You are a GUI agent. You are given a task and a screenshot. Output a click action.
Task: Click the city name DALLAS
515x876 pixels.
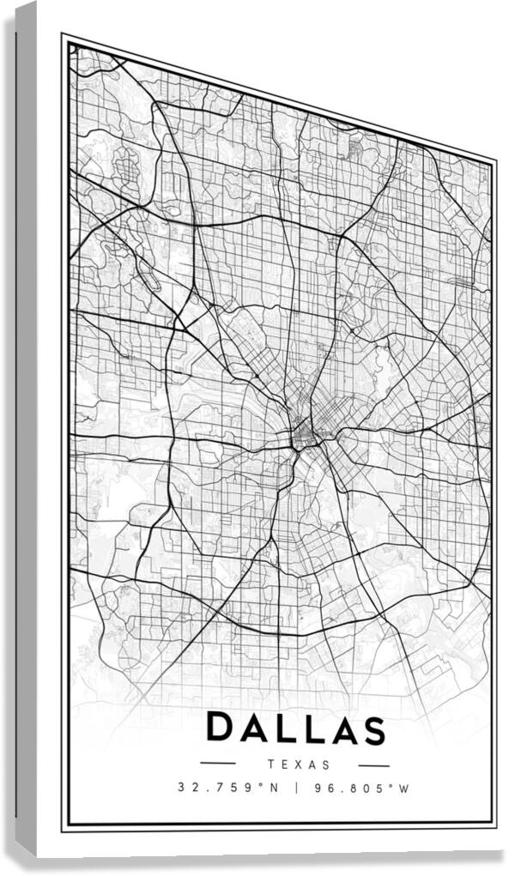pos(295,729)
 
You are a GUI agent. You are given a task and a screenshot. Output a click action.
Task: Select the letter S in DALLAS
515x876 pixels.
pos(371,730)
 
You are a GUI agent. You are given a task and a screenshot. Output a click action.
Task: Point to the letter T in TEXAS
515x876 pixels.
pos(270,764)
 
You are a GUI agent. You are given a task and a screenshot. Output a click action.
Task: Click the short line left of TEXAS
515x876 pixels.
pos(218,763)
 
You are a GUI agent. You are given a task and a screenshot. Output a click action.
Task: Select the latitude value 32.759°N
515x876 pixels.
pos(228,787)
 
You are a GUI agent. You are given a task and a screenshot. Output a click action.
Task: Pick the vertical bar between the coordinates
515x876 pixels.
pos(295,788)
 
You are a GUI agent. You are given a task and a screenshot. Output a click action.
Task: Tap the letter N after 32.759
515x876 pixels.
pos(275,787)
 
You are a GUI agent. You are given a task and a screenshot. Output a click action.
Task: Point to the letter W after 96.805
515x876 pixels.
pos(406,788)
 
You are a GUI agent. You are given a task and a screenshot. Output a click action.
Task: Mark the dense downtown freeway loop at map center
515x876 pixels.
pos(304,434)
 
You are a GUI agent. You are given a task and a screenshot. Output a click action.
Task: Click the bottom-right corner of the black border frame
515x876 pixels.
pos(494,825)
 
